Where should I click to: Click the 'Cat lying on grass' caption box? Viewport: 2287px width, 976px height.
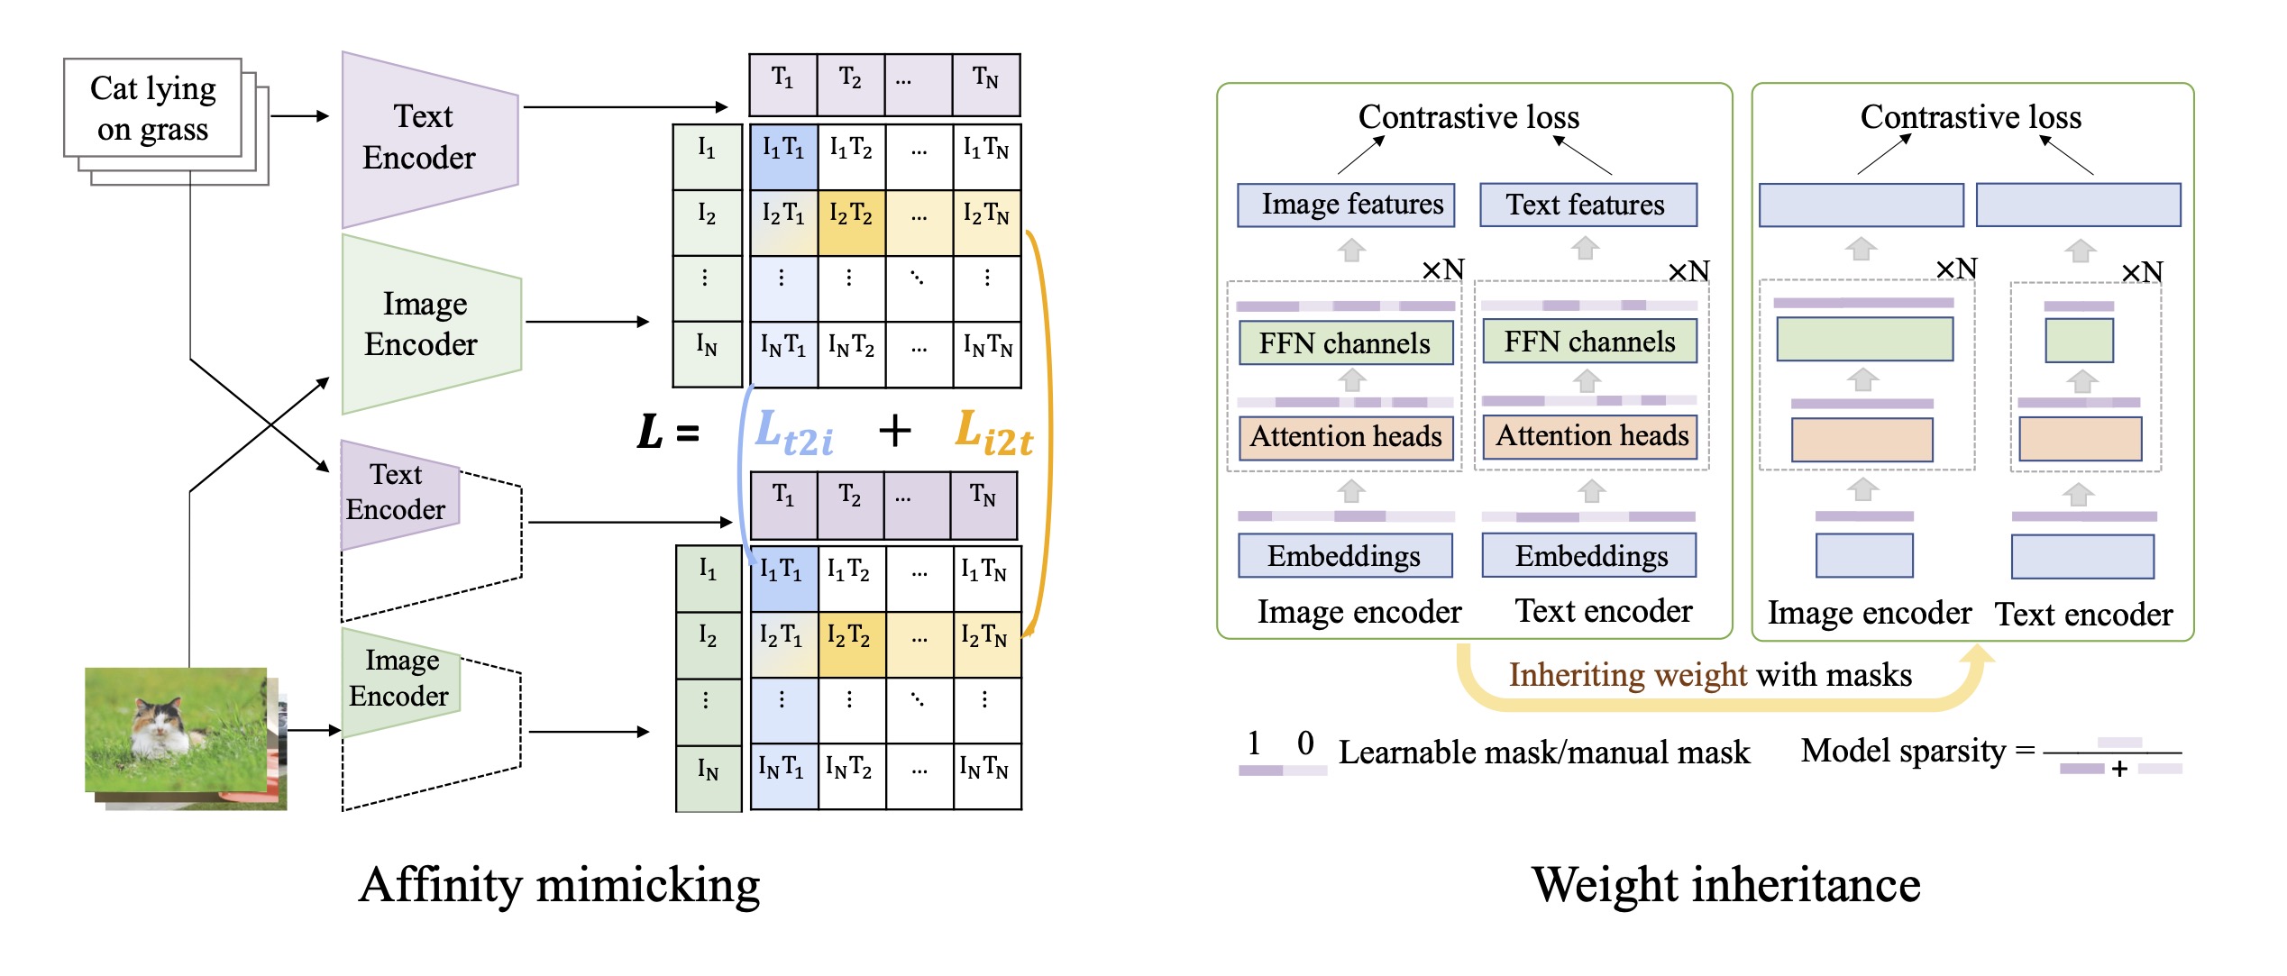(x=152, y=108)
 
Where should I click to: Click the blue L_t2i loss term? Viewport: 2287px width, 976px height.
(x=793, y=433)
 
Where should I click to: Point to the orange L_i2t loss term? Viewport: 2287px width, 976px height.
(x=993, y=433)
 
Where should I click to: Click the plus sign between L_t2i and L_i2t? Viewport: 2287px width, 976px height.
(x=894, y=431)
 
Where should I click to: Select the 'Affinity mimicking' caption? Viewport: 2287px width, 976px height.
(x=559, y=885)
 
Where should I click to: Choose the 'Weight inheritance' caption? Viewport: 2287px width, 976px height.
(x=1725, y=885)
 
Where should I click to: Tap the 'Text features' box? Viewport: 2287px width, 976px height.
(x=1587, y=205)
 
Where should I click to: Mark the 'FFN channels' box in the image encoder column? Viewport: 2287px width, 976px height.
(x=1345, y=343)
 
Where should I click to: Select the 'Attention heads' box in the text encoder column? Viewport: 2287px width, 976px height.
(x=1591, y=436)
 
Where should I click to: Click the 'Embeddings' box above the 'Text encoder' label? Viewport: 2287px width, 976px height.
(x=1591, y=556)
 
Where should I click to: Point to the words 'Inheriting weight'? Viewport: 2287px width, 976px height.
(x=1628, y=675)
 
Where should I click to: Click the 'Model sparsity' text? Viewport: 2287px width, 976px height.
(x=1903, y=751)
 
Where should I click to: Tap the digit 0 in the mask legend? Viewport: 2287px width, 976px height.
(x=1305, y=743)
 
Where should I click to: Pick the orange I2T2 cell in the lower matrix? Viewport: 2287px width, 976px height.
(x=851, y=637)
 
